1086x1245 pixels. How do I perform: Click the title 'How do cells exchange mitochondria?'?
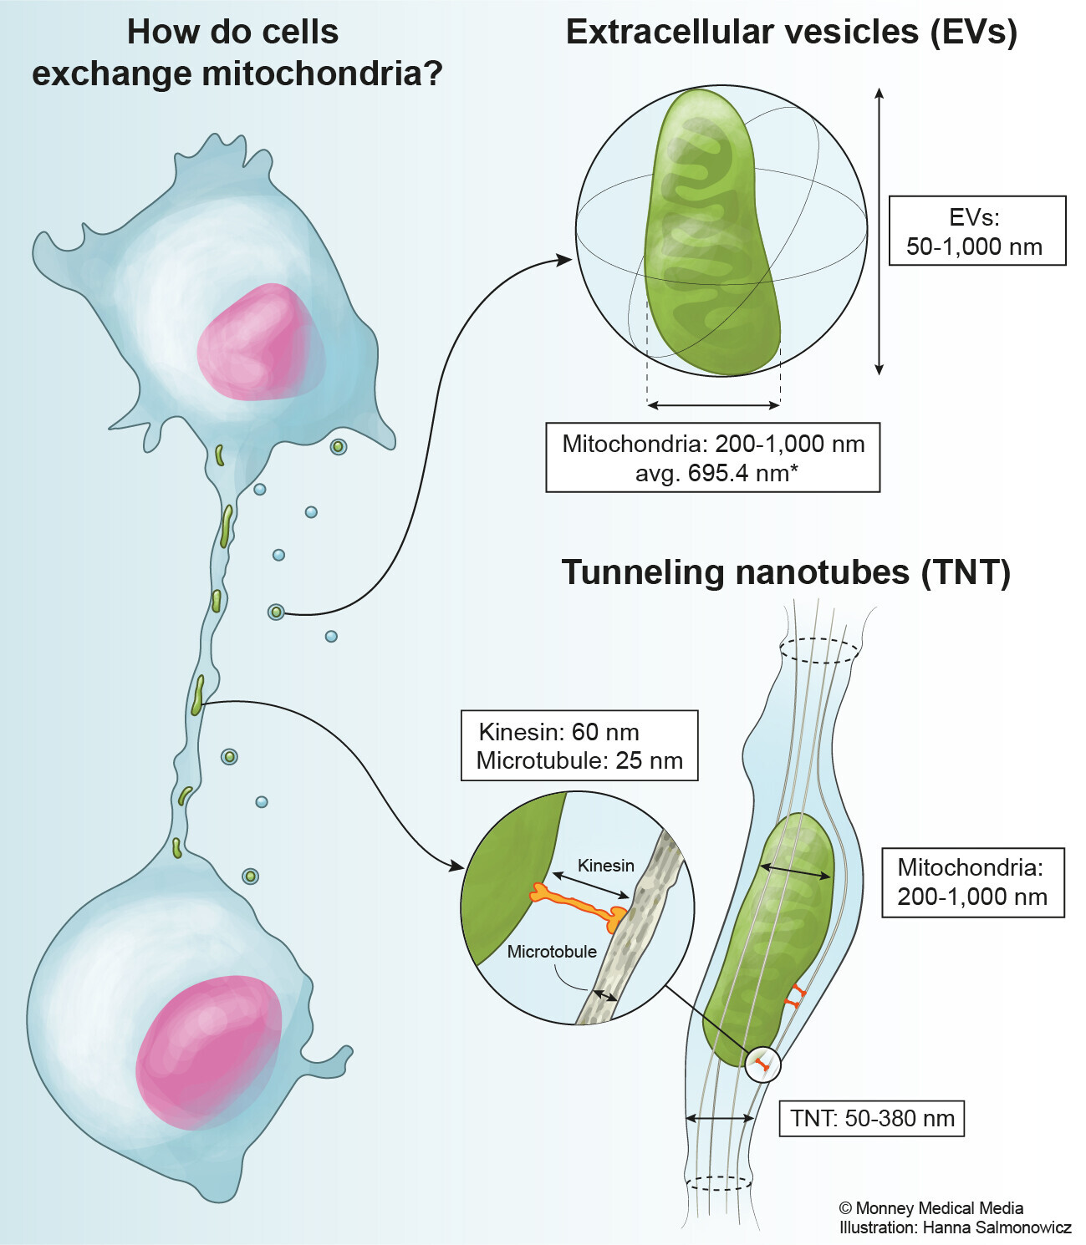pyautogui.click(x=237, y=53)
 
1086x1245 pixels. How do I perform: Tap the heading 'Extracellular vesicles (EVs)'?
pyautogui.click(x=791, y=32)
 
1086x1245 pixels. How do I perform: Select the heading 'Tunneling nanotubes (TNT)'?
pyautogui.click(x=786, y=572)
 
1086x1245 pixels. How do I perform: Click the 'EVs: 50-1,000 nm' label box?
pyautogui.click(x=976, y=231)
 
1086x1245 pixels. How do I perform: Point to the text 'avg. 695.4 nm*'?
pyautogui.click(x=716, y=473)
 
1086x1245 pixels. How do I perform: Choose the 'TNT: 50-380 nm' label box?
pyautogui.click(x=872, y=1118)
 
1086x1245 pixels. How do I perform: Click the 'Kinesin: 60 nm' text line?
pyautogui.click(x=558, y=732)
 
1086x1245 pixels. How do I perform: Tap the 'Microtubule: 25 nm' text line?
pyautogui.click(x=579, y=760)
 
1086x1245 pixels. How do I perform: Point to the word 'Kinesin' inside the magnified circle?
pyautogui.click(x=606, y=866)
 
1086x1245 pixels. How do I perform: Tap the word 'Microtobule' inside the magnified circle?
pyautogui.click(x=552, y=952)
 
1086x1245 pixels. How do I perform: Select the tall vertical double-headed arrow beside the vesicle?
pyautogui.click(x=879, y=231)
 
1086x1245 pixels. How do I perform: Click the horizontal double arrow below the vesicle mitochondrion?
pyautogui.click(x=714, y=405)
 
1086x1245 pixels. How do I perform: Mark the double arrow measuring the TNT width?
pyautogui.click(x=719, y=1118)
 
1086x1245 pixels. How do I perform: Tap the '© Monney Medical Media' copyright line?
pyautogui.click(x=930, y=1208)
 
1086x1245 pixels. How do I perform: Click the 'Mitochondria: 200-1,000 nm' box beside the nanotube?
pyautogui.click(x=972, y=882)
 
